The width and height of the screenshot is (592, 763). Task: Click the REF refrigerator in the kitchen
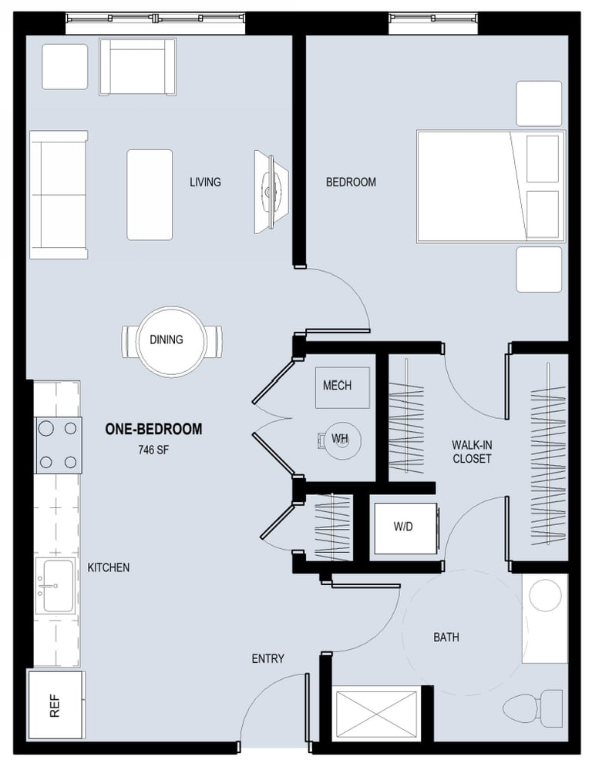[x=56, y=705]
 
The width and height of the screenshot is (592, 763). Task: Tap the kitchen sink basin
[x=58, y=586]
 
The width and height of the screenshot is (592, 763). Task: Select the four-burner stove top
[x=59, y=445]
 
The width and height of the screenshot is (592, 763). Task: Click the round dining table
[x=170, y=341]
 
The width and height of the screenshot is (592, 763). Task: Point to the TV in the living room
[x=271, y=191]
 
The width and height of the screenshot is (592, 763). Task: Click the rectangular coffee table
[x=150, y=195]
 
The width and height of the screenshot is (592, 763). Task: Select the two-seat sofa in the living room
[x=59, y=195]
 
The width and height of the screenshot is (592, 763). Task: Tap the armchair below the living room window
[x=137, y=67]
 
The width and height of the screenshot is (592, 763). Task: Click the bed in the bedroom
[x=491, y=186]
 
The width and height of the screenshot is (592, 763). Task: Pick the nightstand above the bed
[x=539, y=104]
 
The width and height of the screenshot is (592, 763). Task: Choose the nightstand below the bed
[x=539, y=269]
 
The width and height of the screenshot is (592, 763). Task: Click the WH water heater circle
[x=342, y=441]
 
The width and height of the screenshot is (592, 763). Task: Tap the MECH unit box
[x=342, y=387]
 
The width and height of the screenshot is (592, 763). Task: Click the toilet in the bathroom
[x=532, y=708]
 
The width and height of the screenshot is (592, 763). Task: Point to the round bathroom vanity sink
[x=545, y=594]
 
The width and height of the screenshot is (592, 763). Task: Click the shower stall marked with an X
[x=376, y=714]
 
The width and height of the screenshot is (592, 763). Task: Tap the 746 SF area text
[x=153, y=450]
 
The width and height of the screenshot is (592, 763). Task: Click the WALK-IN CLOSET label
[x=472, y=452]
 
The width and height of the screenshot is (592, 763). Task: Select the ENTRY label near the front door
[x=268, y=658]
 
